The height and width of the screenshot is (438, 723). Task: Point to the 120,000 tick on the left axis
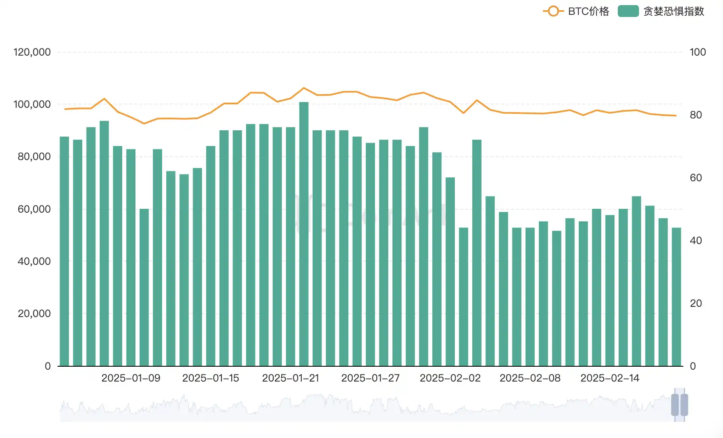click(x=32, y=52)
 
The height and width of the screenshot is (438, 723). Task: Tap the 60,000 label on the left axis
click(x=34, y=209)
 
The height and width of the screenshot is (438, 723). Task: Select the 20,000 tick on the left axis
click(x=34, y=314)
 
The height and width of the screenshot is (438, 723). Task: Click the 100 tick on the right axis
click(x=698, y=52)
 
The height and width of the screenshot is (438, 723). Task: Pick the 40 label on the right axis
click(x=696, y=241)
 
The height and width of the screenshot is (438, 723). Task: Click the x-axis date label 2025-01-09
click(x=131, y=378)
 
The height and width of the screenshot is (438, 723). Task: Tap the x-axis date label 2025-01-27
click(x=370, y=378)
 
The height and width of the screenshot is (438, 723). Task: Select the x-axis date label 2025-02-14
click(x=610, y=378)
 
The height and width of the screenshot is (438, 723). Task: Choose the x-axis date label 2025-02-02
click(x=450, y=378)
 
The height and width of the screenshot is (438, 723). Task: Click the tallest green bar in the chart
click(x=304, y=233)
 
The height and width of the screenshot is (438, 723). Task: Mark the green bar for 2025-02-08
click(x=530, y=297)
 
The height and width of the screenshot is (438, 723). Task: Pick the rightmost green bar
click(x=676, y=297)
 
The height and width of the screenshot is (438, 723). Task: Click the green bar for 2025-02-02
click(x=450, y=272)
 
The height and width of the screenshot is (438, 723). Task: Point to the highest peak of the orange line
click(x=304, y=88)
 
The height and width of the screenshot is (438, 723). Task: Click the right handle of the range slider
click(x=684, y=405)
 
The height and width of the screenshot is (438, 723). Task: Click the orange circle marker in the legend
click(x=553, y=11)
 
